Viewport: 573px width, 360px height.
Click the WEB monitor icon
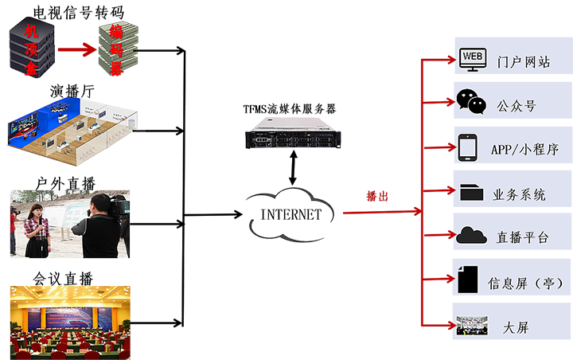pos(472,58)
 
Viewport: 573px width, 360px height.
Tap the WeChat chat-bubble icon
pos(470,101)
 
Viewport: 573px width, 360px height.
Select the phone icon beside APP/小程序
pos(468,147)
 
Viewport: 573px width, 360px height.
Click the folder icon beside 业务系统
pos(471,192)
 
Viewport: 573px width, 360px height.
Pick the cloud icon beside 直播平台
pos(471,236)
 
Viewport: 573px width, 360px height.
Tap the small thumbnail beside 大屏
pos(472,326)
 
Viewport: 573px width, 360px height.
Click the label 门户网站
pos(523,61)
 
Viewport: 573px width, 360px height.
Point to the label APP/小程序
pos(524,149)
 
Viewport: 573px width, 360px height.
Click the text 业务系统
pos(520,194)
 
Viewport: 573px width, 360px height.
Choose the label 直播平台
pos(522,237)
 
